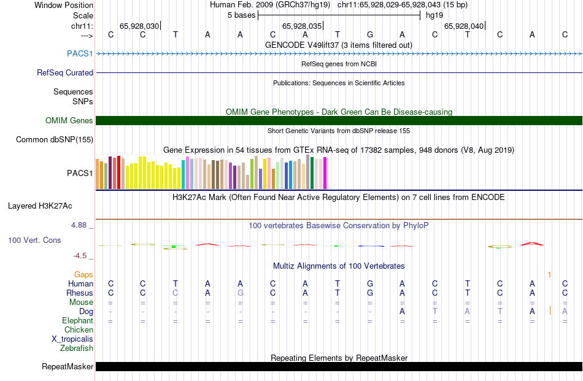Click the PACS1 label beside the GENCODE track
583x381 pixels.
tap(80, 54)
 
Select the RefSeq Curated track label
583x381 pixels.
tap(65, 72)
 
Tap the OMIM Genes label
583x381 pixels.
tap(69, 120)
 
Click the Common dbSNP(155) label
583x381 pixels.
tap(54, 139)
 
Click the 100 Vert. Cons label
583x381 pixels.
tap(34, 240)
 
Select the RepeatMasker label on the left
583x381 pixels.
tap(68, 367)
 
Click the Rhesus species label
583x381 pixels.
tap(80, 293)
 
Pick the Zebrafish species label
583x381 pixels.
tap(77, 348)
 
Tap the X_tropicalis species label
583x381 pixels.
tap(72, 339)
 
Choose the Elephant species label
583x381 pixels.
tap(77, 320)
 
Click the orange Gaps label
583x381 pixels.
tap(83, 274)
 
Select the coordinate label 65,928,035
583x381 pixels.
tap(302, 26)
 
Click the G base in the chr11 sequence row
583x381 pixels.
tap(370, 34)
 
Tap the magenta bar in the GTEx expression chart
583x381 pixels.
tap(325, 173)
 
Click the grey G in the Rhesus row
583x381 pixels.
tap(241, 293)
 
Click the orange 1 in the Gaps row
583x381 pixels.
tap(550, 274)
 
